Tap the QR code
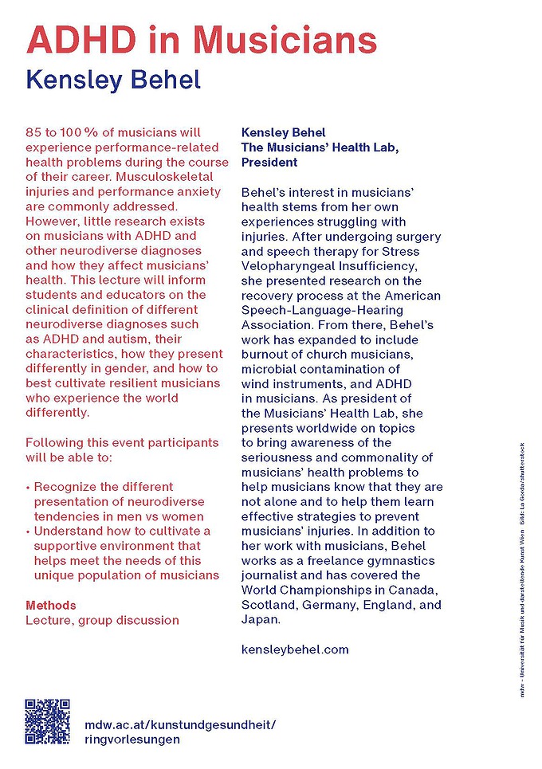click(x=49, y=722)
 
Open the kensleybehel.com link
click(x=295, y=649)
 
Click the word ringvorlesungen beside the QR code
click(x=132, y=739)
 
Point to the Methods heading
click(x=51, y=606)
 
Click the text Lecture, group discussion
click(x=102, y=620)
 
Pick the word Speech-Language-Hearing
click(x=323, y=309)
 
